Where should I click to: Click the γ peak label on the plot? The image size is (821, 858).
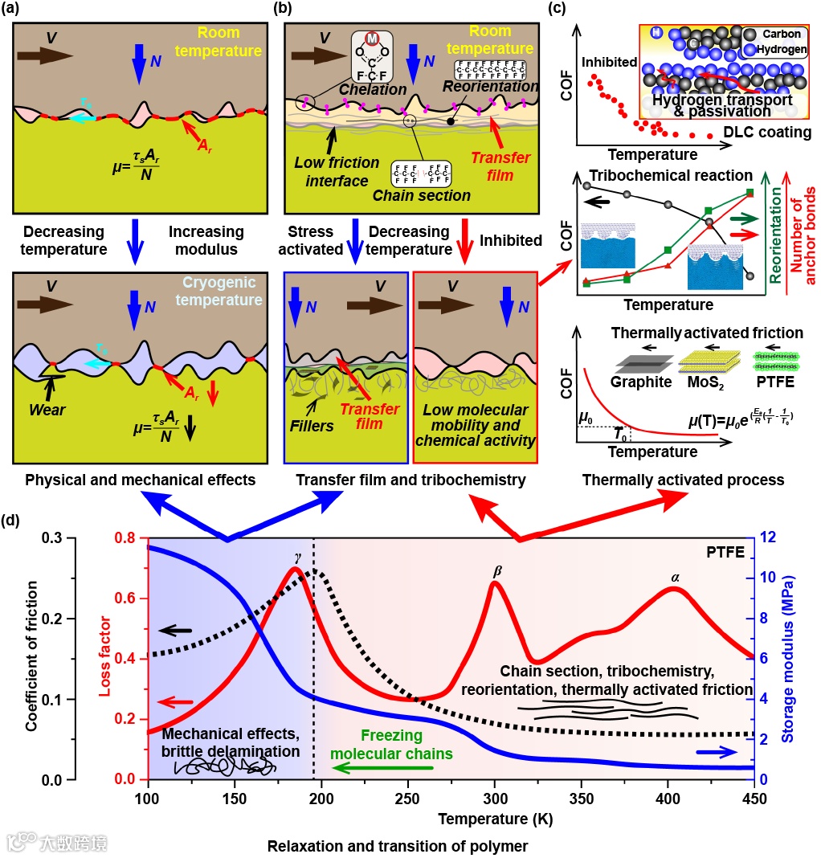pos(298,556)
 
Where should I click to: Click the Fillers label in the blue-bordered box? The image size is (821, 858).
pos(312,426)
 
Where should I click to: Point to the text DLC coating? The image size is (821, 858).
pos(764,132)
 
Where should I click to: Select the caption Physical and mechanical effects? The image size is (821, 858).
pos(141,480)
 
